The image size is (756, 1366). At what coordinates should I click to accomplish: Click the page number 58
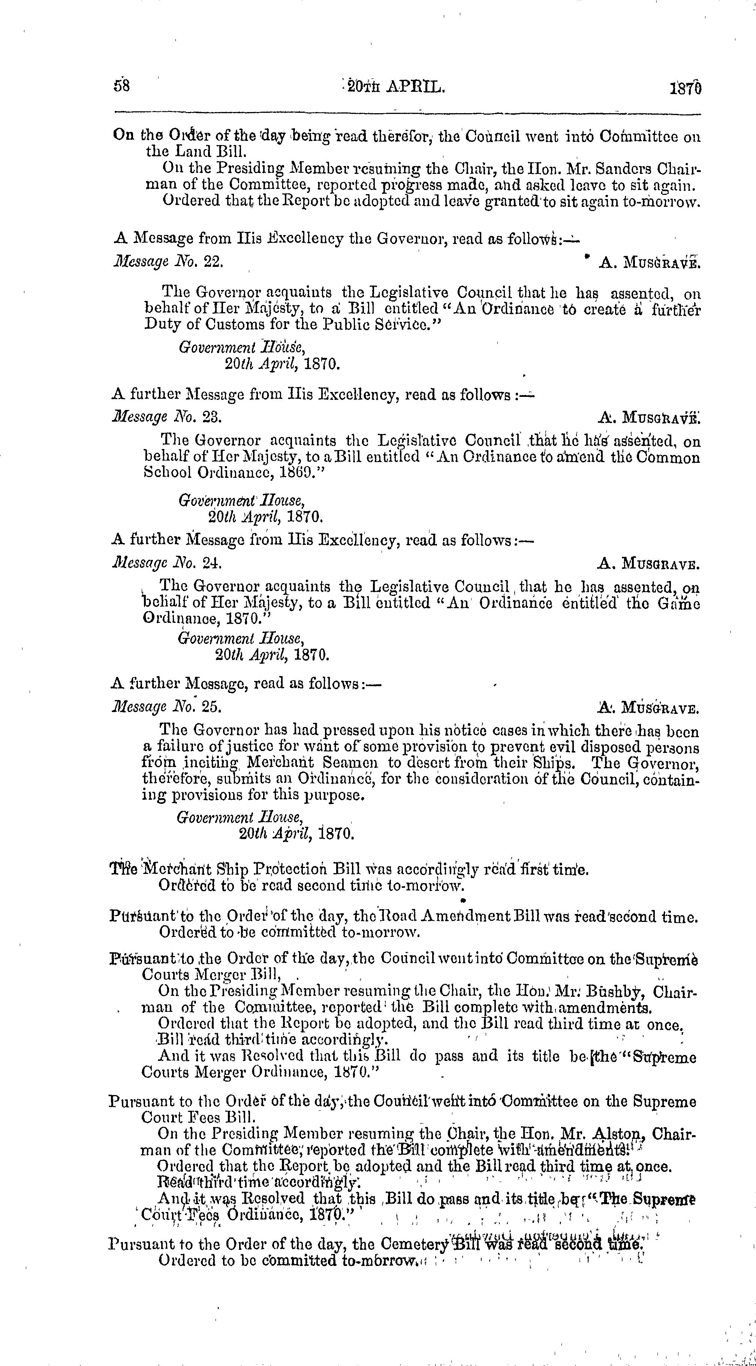tap(121, 87)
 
